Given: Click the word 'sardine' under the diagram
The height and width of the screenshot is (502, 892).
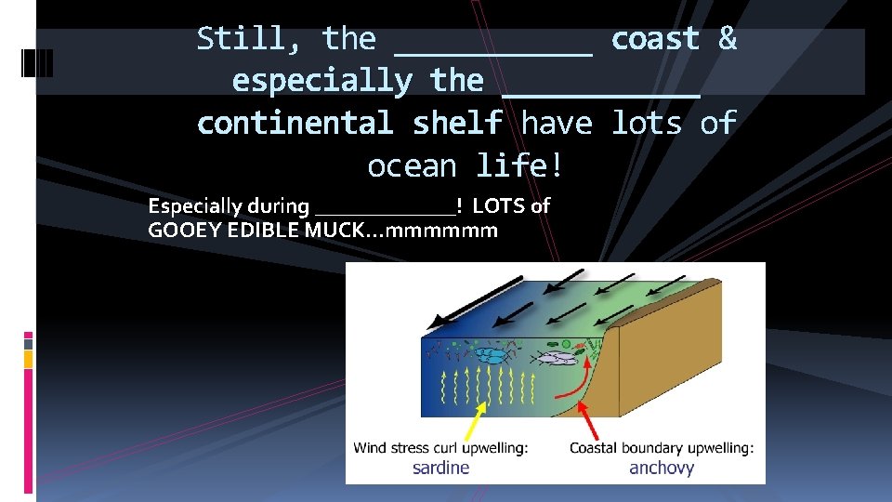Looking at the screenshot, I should (441, 468).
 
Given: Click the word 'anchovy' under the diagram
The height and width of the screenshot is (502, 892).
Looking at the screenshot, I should (662, 468).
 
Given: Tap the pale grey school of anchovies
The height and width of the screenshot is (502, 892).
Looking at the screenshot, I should (557, 356).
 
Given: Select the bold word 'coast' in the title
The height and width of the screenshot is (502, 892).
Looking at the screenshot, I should (655, 39).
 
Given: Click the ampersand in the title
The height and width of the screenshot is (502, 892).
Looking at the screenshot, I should (727, 39).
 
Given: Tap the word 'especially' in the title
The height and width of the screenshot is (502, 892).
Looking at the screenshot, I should (322, 81).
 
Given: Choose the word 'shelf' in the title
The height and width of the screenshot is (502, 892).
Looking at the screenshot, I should (457, 123).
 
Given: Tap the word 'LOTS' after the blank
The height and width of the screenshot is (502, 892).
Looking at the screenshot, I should (499, 205).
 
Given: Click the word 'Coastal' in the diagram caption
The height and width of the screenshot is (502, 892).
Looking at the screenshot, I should (600, 448).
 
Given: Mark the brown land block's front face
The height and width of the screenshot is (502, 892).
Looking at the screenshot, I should (669, 372).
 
